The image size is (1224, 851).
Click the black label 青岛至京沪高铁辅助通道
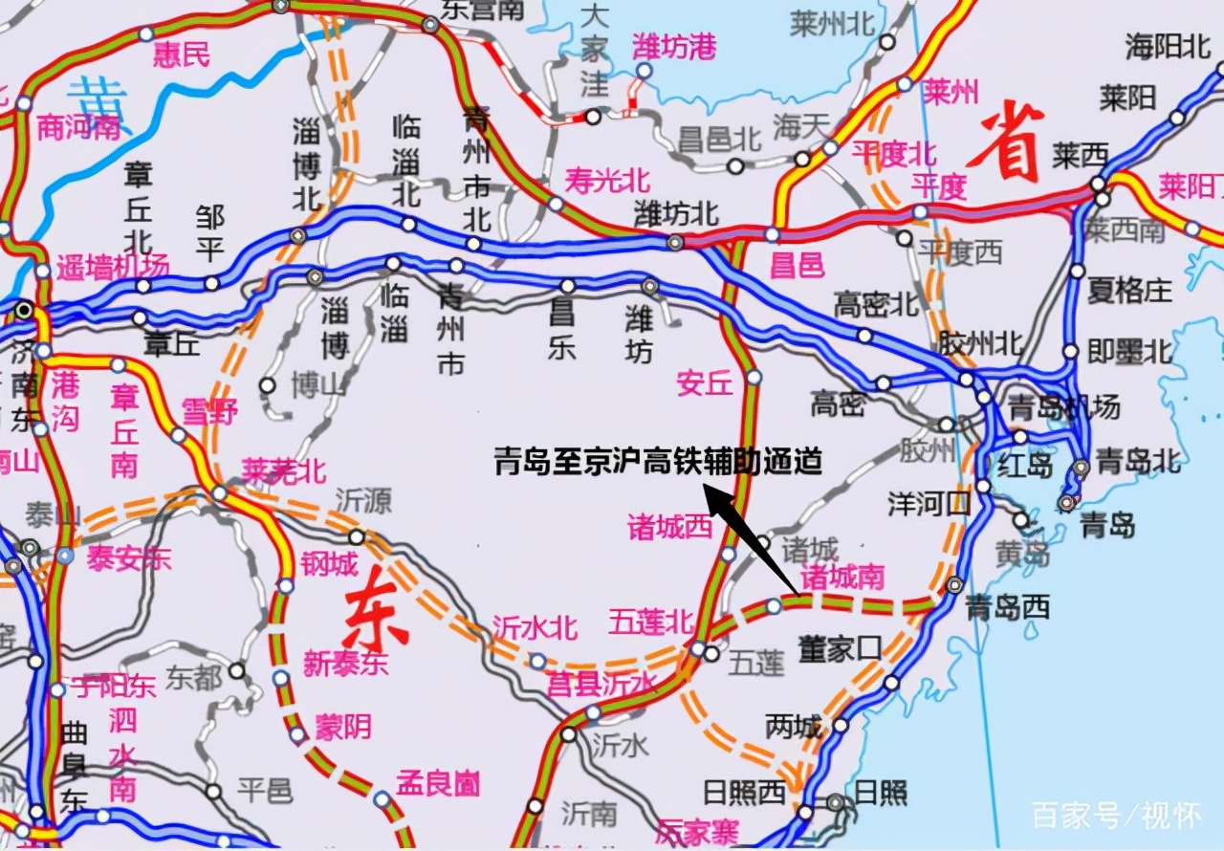(658, 462)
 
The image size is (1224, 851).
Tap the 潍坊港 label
(674, 46)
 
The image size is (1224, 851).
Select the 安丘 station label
(704, 382)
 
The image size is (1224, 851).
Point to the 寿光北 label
(606, 178)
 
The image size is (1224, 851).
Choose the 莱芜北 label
(284, 470)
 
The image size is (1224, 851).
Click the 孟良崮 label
(438, 784)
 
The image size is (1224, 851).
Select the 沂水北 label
(535, 627)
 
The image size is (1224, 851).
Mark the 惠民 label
(183, 54)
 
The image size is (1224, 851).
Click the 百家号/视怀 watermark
(1115, 816)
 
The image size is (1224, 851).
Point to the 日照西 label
(744, 792)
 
